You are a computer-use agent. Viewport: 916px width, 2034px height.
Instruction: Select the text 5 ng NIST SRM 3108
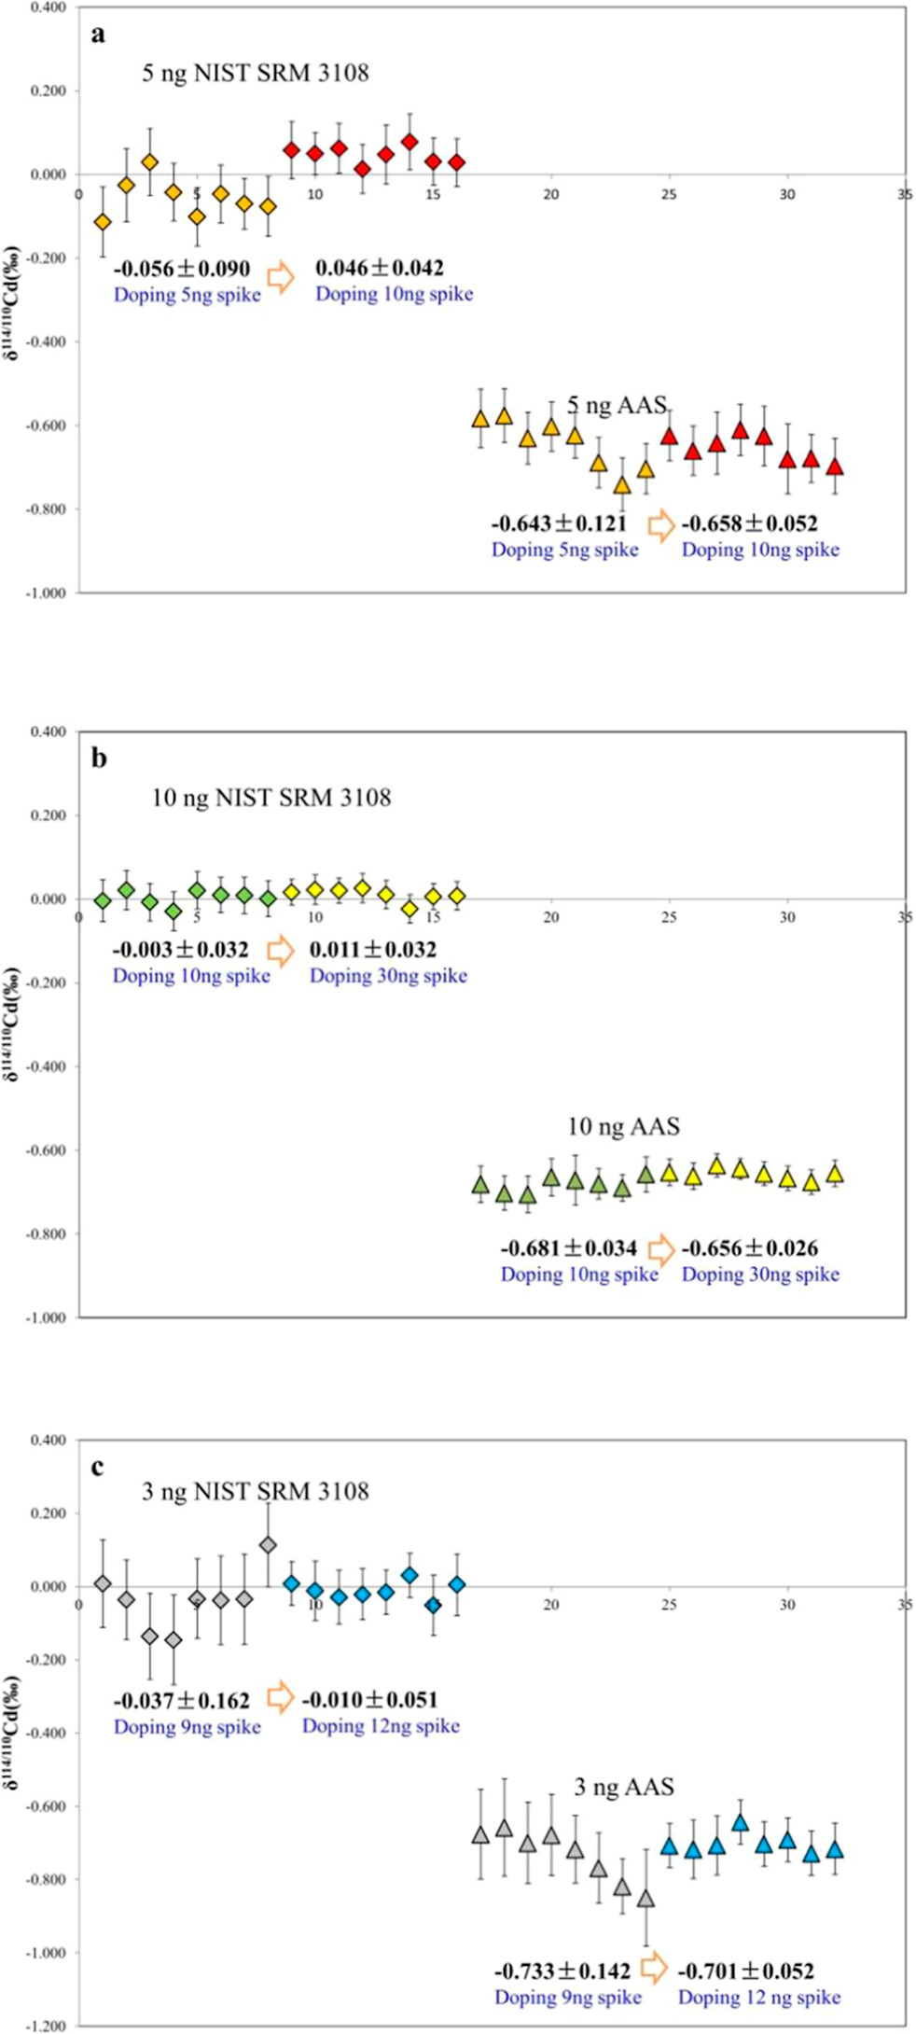click(255, 73)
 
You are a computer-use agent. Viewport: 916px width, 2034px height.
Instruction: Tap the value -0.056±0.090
click(182, 270)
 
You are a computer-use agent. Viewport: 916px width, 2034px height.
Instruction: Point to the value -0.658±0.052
click(749, 524)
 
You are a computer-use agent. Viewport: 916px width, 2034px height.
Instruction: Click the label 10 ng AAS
click(623, 1127)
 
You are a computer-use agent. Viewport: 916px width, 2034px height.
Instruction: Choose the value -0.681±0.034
click(569, 1248)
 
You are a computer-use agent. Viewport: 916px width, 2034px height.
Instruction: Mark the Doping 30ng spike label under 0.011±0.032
click(388, 976)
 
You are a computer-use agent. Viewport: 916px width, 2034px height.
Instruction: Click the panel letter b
click(99, 758)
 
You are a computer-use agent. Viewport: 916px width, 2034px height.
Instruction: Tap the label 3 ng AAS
click(623, 1788)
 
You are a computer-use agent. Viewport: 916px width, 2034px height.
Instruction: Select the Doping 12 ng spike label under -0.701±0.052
click(759, 1998)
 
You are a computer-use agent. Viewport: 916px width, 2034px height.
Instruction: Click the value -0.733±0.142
click(562, 1971)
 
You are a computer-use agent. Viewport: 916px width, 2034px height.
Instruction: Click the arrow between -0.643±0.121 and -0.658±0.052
click(661, 526)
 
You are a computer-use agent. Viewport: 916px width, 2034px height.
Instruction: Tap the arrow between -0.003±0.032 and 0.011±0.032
click(280, 951)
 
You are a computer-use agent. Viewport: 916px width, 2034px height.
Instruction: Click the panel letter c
click(97, 1468)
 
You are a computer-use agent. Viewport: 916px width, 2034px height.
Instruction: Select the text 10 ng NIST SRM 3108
click(271, 798)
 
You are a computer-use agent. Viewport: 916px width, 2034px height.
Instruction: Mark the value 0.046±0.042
click(380, 269)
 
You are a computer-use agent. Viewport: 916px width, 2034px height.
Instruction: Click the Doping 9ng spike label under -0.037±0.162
click(187, 1727)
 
